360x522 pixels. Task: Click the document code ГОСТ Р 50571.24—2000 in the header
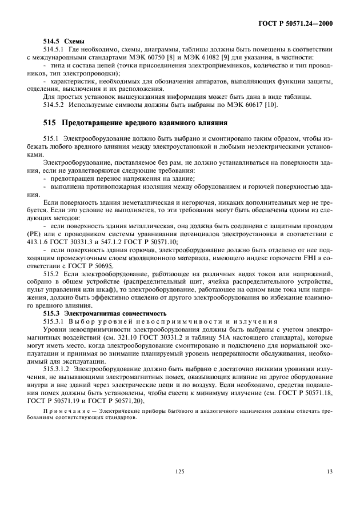click(295, 23)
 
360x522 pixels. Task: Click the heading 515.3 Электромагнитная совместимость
click(105, 314)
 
